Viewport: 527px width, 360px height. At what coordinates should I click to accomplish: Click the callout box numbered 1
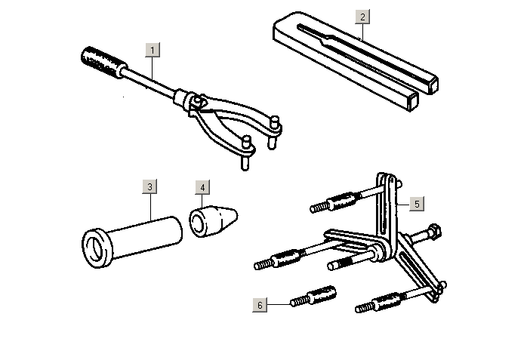153,50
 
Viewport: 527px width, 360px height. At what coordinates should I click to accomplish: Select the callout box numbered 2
362,17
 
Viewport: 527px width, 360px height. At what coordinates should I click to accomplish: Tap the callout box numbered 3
150,186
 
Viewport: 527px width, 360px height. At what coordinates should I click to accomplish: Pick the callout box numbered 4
202,187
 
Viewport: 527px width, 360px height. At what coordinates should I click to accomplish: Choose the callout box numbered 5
417,204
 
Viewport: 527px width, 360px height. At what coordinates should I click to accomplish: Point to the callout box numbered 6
260,305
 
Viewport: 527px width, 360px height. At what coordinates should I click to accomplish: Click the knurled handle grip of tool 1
104,63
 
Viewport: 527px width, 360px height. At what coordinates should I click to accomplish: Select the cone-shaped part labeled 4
213,221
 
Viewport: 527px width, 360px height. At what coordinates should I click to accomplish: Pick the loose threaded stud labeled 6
313,296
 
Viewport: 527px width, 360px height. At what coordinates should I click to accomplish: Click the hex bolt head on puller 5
434,231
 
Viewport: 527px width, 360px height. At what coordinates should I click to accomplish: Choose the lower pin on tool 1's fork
246,152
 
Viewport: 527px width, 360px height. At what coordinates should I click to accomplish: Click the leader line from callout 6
279,305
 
